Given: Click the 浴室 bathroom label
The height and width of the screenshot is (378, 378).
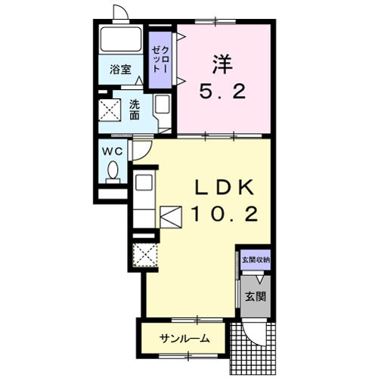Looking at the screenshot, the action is pos(120,70).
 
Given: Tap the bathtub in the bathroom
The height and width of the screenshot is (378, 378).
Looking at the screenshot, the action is pos(121,39).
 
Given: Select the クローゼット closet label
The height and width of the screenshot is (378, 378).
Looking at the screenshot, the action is pos(160,60).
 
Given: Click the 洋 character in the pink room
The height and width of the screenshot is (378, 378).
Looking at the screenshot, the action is pos(222,64).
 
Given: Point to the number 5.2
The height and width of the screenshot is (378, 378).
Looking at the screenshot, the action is pos(222,91).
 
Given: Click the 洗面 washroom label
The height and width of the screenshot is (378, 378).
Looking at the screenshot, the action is pos(135,110).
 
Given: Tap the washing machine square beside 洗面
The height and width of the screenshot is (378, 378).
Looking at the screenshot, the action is pos(110,110).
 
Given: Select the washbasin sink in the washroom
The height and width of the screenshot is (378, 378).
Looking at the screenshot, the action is pos(163,104).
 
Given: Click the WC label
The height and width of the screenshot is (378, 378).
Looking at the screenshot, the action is pos(112,151).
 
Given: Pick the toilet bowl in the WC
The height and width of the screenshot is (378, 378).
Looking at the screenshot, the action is pos(113,170).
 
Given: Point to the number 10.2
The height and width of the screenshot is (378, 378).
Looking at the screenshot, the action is pos(225,214).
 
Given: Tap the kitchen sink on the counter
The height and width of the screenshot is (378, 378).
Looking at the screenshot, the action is pos(144,182).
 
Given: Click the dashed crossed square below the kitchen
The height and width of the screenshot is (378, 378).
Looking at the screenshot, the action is pos(145,256).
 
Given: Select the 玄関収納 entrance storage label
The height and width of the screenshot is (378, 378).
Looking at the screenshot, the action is pos(256,260).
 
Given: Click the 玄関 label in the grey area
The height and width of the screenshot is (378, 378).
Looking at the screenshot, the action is pos(256,297).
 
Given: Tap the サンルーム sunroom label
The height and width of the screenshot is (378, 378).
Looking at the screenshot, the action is pos(185,339).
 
